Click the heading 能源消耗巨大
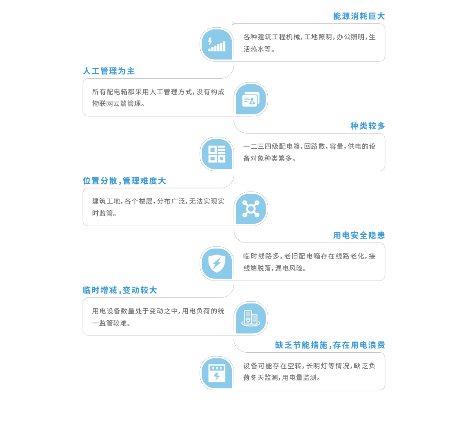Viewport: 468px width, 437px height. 359,16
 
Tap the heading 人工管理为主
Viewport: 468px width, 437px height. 109,71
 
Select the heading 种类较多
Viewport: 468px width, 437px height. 367,126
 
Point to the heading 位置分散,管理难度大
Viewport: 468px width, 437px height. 124,181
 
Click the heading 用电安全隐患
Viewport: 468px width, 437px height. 359,235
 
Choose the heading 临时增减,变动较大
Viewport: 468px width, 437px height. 120,290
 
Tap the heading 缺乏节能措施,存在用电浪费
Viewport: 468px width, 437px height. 330,345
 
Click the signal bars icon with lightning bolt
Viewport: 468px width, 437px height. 217,45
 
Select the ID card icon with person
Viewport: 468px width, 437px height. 251,99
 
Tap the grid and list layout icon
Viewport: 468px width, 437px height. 217,154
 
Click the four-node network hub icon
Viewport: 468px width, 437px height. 251,209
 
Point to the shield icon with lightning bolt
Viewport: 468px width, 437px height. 217,263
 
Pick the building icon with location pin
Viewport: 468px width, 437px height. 251,318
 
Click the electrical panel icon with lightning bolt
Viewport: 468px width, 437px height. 217,373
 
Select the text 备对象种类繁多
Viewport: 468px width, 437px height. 267,158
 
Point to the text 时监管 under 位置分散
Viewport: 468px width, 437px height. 103,213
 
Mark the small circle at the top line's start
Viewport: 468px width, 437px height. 233,24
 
